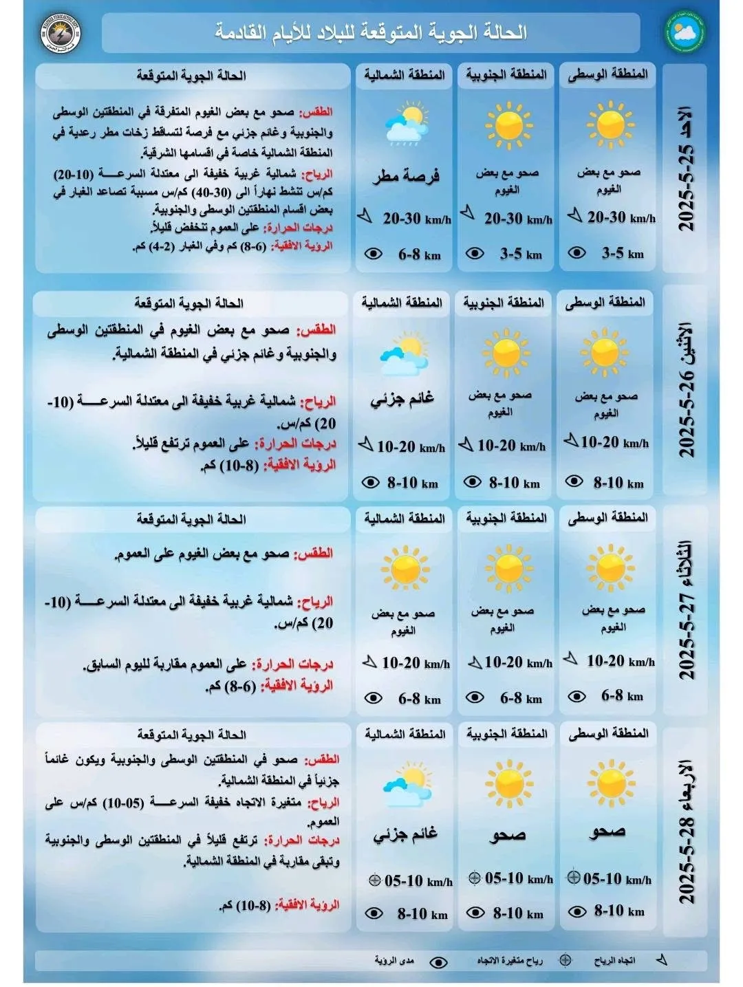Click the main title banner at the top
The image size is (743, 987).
[371, 32]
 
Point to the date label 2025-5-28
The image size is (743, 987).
[687, 860]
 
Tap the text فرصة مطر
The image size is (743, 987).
[406, 177]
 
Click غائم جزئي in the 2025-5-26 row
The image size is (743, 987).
[402, 399]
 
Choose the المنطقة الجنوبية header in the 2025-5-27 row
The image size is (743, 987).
[506, 517]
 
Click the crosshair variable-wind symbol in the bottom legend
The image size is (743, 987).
[566, 960]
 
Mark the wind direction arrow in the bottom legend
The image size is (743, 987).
[662, 960]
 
